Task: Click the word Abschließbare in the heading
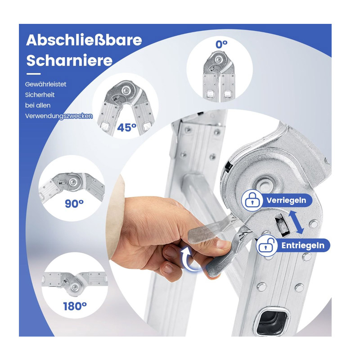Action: coord(84,40)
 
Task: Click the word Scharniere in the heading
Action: coord(69,60)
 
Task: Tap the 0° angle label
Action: coord(221,45)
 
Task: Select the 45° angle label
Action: coord(127,127)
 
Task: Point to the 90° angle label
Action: coord(74,203)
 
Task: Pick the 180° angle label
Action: coord(75,306)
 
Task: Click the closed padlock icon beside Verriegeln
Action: coord(252,200)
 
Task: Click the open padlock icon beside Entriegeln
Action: coord(266,245)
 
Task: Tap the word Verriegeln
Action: coord(286,200)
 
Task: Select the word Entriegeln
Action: coord(303,246)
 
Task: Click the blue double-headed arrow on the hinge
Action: coord(296,222)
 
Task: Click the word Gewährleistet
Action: coord(46,84)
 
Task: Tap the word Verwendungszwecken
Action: coord(59,116)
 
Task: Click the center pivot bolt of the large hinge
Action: coord(265,184)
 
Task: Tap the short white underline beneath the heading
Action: coord(33,74)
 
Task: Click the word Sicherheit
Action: coord(40,95)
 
